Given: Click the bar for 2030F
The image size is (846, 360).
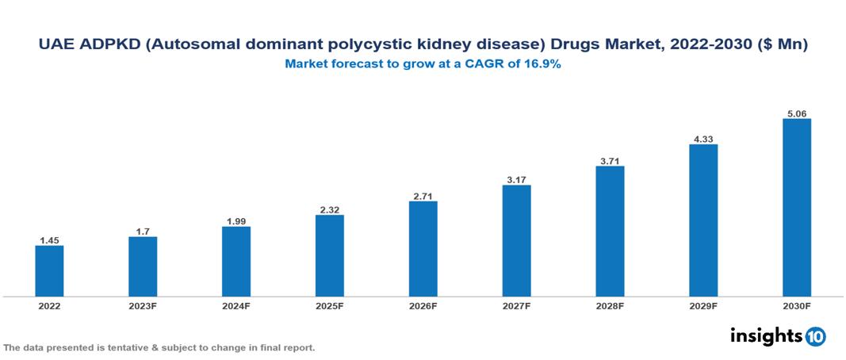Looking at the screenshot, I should (x=796, y=208).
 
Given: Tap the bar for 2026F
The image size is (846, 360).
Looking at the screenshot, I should (x=423, y=249).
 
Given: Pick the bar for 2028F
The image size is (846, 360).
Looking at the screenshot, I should (x=610, y=232).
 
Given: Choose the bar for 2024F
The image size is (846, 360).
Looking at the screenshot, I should (x=236, y=262).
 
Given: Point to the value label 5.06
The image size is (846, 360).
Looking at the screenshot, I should (x=796, y=112).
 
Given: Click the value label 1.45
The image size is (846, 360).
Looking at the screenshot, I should (x=49, y=239).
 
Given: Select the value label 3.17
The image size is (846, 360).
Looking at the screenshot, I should (x=516, y=178).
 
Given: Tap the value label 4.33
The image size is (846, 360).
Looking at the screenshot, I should (x=703, y=137).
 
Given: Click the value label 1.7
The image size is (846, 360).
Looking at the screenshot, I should (x=143, y=230).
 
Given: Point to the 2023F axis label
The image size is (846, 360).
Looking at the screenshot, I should (x=143, y=306).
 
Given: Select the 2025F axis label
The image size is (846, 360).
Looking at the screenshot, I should (x=330, y=306).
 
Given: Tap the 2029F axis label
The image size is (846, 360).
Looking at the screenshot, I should (x=703, y=306).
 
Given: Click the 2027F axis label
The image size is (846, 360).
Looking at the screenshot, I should (x=516, y=306).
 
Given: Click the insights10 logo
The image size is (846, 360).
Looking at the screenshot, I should (x=778, y=336).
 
